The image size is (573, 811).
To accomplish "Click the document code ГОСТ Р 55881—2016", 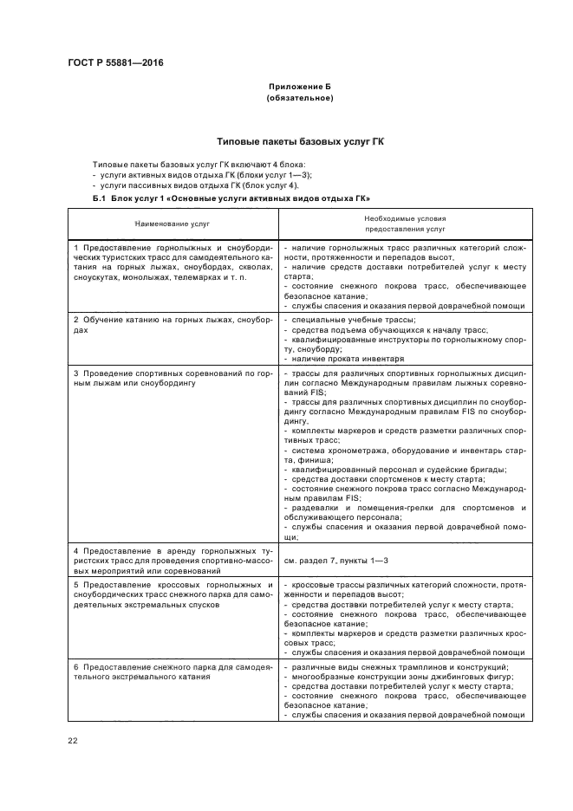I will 114,63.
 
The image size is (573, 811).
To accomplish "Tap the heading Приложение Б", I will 300,88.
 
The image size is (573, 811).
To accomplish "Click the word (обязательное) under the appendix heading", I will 300,98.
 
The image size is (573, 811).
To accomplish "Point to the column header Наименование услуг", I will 172,224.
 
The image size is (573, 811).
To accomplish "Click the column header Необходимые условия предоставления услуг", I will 405,224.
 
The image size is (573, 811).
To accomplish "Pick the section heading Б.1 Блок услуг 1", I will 225,199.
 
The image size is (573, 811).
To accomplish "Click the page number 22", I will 72,739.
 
